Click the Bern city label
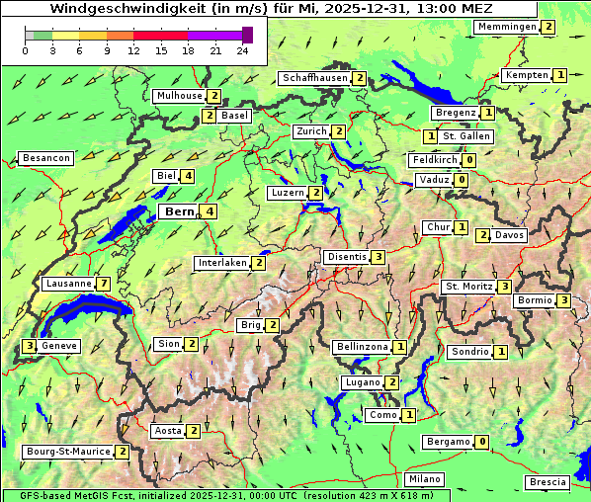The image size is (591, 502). [x=179, y=211]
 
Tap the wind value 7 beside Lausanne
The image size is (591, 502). [x=103, y=284]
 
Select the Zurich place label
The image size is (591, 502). [x=310, y=131]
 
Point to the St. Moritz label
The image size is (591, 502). [x=466, y=287]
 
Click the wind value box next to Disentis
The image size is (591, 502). [x=379, y=257]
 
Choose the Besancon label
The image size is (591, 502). [x=46, y=158]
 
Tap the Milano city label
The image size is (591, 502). [x=425, y=479]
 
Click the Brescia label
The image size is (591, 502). [x=548, y=481]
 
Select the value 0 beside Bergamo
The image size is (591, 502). [x=481, y=442]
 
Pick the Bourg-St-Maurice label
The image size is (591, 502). [x=67, y=452]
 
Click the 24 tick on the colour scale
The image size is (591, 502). [x=242, y=50]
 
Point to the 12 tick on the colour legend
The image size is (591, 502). [x=133, y=50]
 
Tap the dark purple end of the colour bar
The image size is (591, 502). [x=247, y=35]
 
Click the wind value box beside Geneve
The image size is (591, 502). [x=31, y=346]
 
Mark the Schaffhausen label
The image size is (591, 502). [x=314, y=78]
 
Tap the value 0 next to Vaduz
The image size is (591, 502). [x=461, y=180]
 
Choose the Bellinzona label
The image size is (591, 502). [x=361, y=347]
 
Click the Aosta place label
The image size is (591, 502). [x=167, y=431]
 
